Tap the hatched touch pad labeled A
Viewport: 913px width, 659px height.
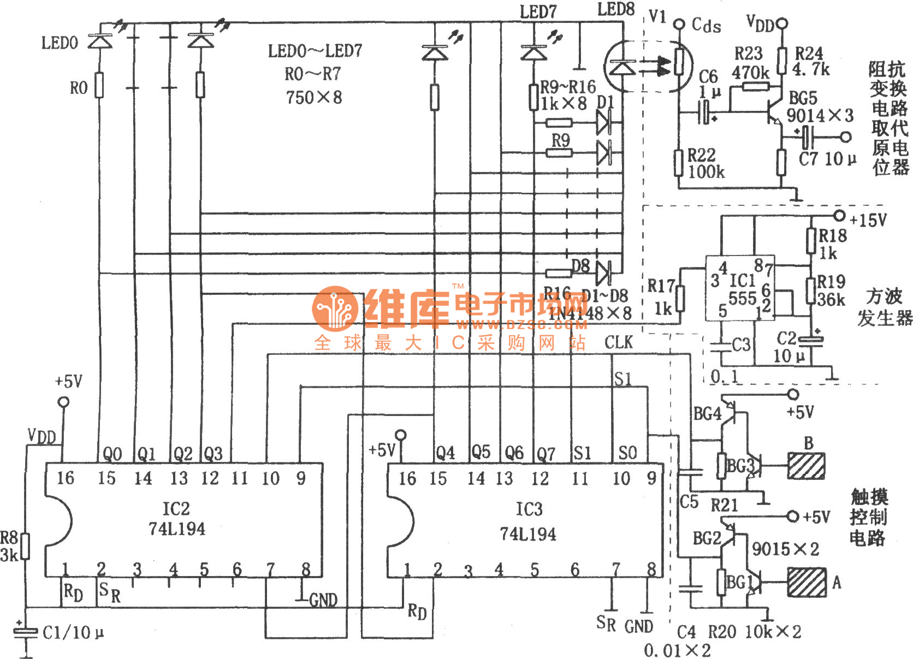point(807,582)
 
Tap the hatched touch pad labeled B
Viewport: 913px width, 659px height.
point(806,466)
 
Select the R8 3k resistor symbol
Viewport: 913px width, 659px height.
point(25,546)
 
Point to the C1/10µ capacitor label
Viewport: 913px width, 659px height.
point(73,633)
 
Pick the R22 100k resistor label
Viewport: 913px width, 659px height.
point(705,163)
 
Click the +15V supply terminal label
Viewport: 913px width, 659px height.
point(868,220)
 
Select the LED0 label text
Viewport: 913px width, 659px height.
point(60,43)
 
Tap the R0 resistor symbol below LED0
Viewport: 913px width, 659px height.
point(99,85)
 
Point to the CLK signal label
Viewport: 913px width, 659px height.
point(618,342)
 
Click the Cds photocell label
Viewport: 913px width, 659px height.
point(706,25)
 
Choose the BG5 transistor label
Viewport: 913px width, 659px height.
point(803,98)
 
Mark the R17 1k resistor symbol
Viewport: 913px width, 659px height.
point(680,298)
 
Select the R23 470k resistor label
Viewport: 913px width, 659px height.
point(750,62)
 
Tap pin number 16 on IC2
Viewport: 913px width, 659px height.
point(65,478)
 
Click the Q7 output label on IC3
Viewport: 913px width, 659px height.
point(546,454)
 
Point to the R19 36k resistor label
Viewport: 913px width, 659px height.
point(831,290)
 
